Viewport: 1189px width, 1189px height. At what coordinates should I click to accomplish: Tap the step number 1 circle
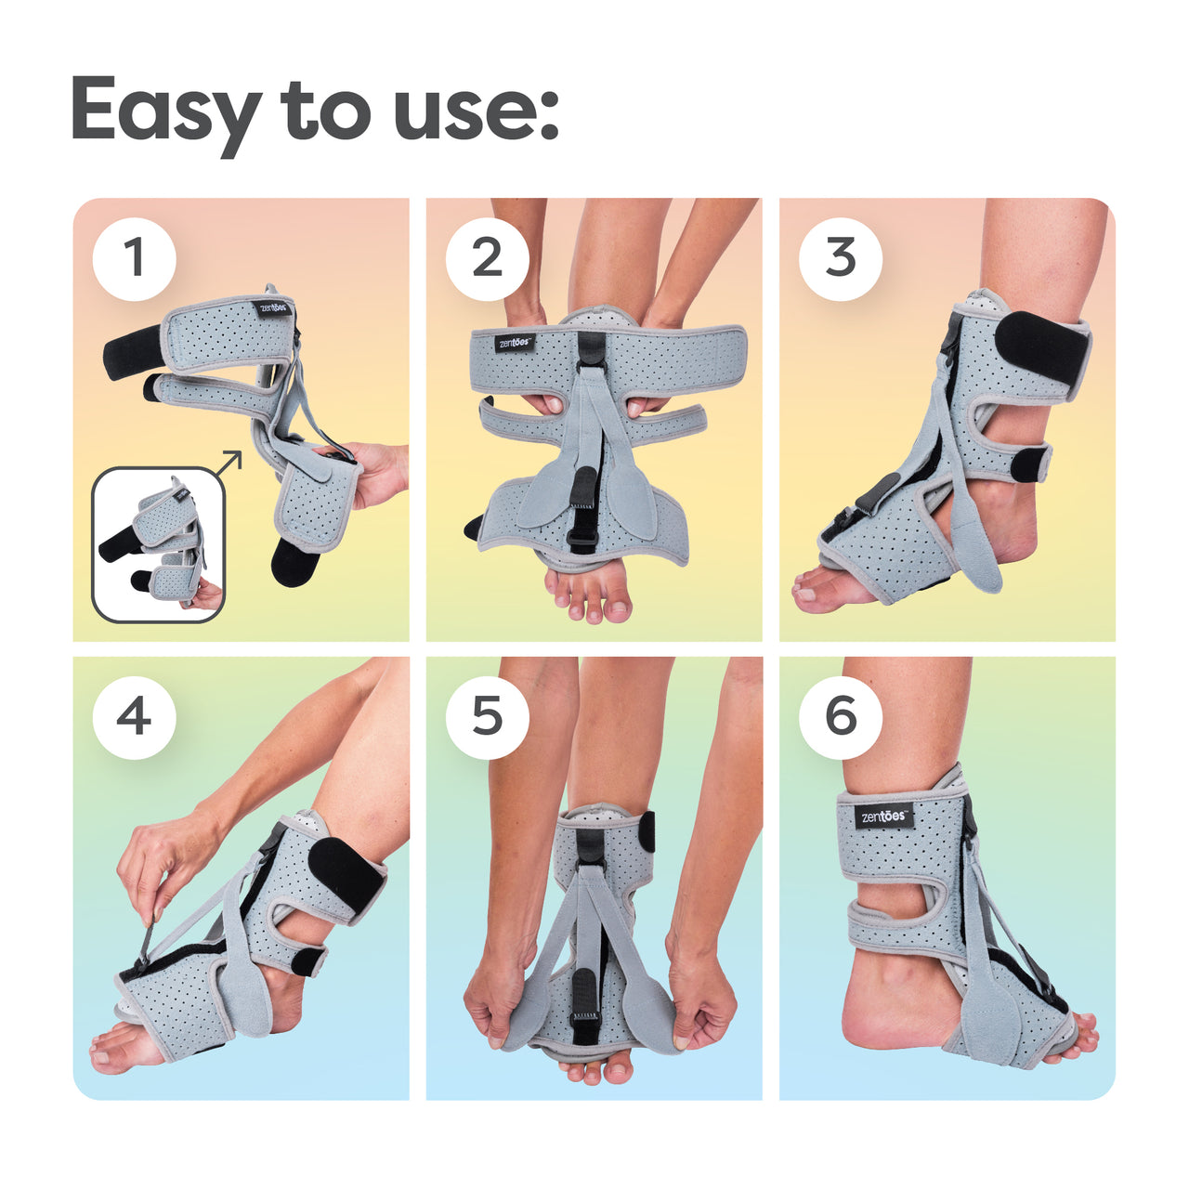134,259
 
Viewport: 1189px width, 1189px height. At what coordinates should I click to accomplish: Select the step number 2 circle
488,259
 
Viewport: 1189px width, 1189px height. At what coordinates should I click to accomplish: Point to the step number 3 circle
841,259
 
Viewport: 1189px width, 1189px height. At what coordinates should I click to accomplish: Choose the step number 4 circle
134,717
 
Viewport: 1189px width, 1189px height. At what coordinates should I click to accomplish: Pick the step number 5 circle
488,717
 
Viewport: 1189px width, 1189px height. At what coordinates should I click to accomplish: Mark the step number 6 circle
841,717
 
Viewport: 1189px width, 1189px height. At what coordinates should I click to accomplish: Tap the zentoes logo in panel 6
885,816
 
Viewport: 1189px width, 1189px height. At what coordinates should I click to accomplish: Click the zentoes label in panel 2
514,343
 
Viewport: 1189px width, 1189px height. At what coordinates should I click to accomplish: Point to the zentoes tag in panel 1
273,307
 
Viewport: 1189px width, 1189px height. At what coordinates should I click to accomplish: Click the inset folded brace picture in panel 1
159,544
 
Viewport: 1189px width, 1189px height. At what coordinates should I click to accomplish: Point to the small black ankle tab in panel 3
1029,464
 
